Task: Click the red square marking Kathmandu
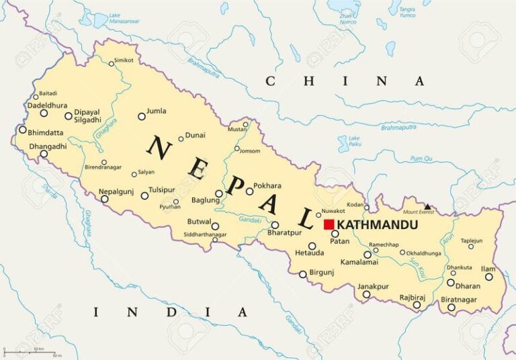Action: (329, 224)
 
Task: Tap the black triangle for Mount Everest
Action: (427, 206)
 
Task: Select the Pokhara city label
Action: (267, 185)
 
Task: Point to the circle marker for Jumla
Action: (142, 116)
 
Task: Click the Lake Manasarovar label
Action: (124, 18)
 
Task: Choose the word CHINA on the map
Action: (345, 81)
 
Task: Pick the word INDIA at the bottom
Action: (170, 312)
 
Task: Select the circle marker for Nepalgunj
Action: (105, 199)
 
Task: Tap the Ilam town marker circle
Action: (489, 277)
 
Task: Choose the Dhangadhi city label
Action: (48, 146)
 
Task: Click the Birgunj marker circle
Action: (303, 274)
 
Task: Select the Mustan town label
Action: (237, 129)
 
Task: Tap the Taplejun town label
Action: (471, 240)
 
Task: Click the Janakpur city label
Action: (373, 286)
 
